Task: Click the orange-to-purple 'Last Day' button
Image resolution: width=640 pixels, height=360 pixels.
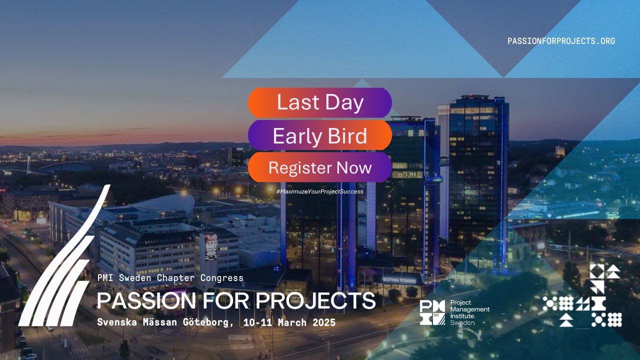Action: point(319,102)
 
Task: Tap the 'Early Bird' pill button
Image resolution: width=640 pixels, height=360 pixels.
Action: point(319,135)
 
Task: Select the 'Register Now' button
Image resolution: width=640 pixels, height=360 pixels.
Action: point(319,167)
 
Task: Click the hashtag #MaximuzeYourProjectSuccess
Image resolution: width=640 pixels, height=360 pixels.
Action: point(319,191)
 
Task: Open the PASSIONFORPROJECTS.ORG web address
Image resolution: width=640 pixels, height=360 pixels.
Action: point(561,41)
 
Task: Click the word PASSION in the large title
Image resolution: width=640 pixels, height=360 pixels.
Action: point(146,300)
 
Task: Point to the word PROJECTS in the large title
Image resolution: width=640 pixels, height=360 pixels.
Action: point(315,300)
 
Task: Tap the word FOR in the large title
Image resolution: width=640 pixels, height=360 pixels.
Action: point(225,300)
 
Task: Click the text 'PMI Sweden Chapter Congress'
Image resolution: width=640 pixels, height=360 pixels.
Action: point(170,277)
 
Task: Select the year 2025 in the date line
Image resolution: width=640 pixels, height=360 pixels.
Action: point(324,322)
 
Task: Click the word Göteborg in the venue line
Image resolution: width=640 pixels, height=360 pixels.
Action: point(208,322)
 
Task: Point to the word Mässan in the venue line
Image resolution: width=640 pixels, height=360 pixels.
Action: point(159,322)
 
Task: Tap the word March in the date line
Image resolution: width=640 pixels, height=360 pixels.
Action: point(292,322)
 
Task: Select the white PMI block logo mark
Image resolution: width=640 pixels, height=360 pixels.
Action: point(432,312)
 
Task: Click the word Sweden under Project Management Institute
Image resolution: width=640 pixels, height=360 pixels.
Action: point(462,323)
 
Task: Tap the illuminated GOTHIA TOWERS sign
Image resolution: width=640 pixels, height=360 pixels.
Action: point(399,280)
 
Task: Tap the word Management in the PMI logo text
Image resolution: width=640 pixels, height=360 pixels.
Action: point(469,309)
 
